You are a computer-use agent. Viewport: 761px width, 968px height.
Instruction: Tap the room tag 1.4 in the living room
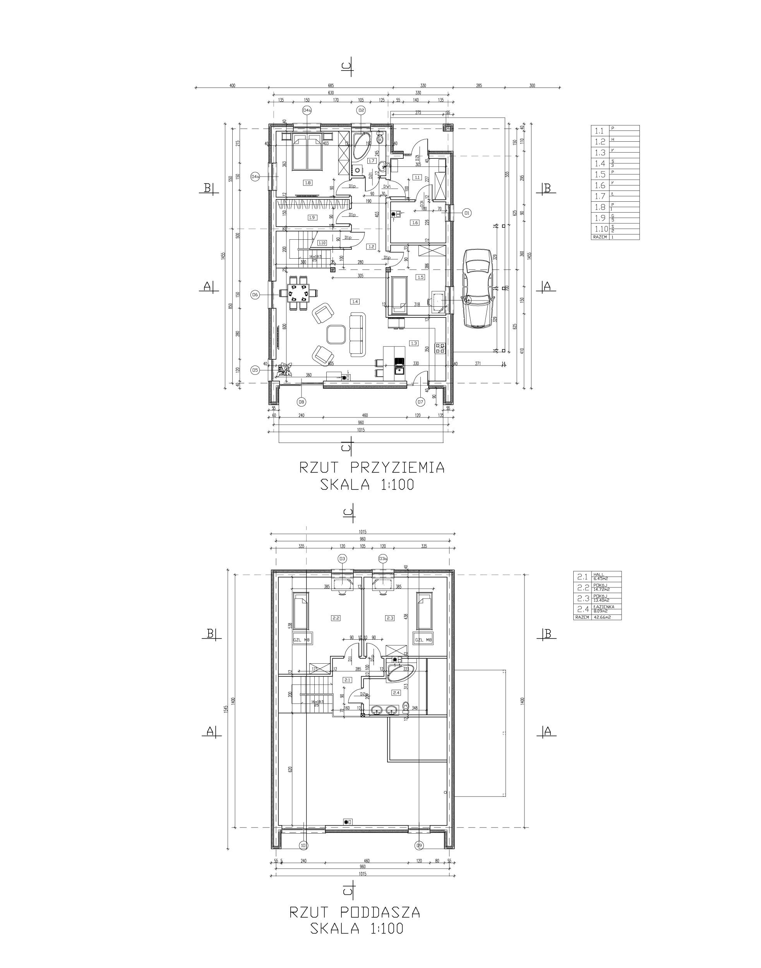click(x=355, y=302)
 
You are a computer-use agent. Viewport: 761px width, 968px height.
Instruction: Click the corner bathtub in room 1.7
click(x=362, y=145)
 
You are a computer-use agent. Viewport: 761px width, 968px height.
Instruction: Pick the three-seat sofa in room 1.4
click(x=357, y=334)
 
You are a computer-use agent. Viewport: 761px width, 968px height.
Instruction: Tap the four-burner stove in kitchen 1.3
click(x=440, y=348)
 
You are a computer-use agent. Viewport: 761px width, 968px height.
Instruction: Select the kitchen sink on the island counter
click(x=399, y=368)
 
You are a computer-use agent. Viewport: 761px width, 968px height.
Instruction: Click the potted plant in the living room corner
click(x=284, y=369)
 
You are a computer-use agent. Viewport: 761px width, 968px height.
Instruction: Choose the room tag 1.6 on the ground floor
click(x=415, y=222)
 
